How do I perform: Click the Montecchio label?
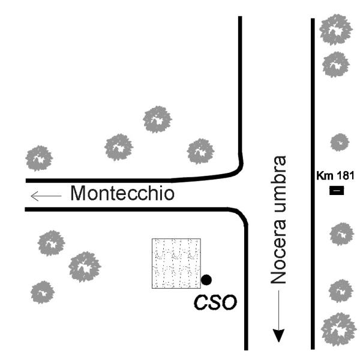point(122,194)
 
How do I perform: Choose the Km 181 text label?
point(336,176)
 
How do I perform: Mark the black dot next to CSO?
point(206,280)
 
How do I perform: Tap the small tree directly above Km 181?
point(340,142)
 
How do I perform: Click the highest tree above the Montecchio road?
point(157,119)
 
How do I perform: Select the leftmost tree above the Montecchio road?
point(39,158)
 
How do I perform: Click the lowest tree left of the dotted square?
point(42,292)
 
